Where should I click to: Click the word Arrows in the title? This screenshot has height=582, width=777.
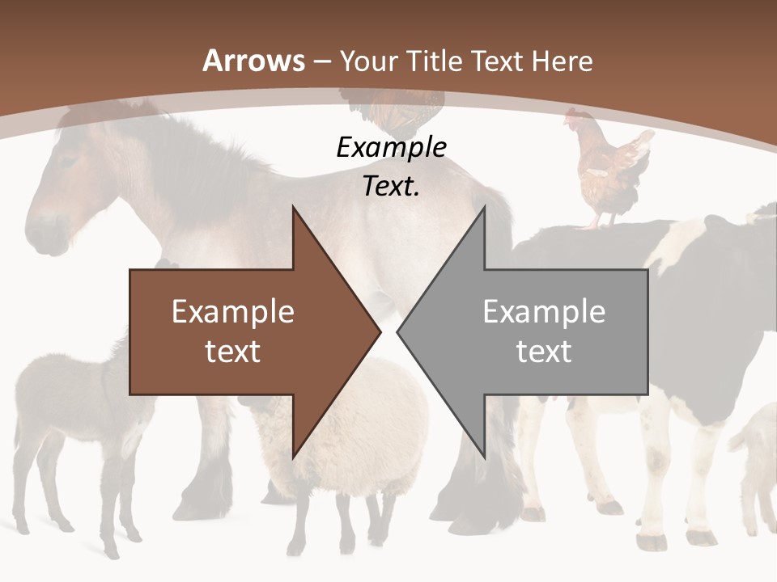tap(254, 61)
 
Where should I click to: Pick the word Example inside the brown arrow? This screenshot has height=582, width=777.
tap(233, 312)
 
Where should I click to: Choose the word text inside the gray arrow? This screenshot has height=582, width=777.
tap(544, 352)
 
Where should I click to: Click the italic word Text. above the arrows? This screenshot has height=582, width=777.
tap(391, 187)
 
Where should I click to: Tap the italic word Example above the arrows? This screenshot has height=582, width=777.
tap(391, 148)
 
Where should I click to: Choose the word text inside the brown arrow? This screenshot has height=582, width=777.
tap(233, 352)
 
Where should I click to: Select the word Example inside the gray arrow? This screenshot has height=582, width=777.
tap(544, 312)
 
